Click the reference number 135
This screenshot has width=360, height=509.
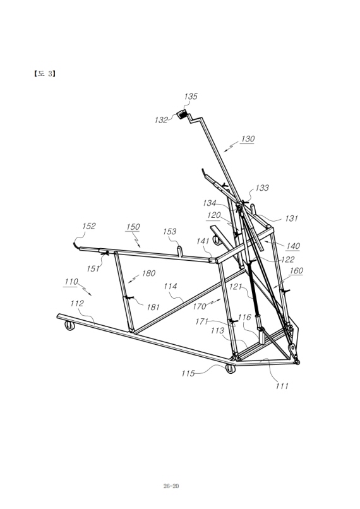pos(191,97)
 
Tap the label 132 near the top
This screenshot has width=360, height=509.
pos(161,120)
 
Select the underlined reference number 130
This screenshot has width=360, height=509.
pos(248,139)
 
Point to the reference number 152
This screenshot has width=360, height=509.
pos(89,226)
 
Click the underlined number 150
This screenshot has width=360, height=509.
pos(133,227)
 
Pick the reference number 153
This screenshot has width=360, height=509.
pos(169,232)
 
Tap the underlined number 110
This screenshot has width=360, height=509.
pos(71,282)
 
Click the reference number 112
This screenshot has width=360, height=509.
pos(77,304)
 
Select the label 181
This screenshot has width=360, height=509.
pos(153,307)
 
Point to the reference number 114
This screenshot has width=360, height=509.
pos(170,286)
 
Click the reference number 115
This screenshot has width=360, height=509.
pos(188,374)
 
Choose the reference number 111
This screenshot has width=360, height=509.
pos(282,386)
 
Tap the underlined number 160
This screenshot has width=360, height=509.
pos(296,271)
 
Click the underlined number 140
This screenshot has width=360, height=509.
pos(292,246)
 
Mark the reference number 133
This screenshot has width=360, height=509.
pos(262,188)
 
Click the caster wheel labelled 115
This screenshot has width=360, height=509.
pos(230,368)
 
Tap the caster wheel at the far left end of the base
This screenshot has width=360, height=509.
pos(69,325)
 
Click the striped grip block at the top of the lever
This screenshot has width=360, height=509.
pos(182,114)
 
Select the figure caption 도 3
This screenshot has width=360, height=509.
pos(44,74)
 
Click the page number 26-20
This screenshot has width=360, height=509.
pos(171,486)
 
